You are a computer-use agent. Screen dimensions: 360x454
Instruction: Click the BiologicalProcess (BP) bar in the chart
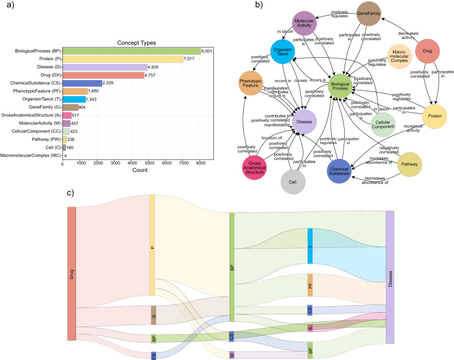[x=131, y=51]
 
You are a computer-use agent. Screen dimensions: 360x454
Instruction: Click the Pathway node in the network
[x=409, y=164]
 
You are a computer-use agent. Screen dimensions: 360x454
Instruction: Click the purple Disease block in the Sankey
[x=390, y=277]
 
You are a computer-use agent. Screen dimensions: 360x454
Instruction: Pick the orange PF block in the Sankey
[x=310, y=285]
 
